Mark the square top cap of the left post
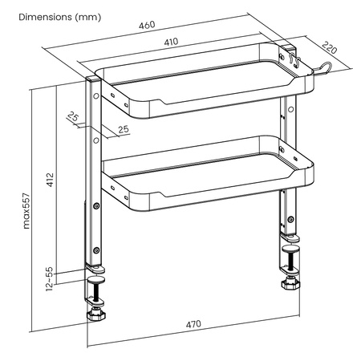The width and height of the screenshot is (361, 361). pos(94,79)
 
